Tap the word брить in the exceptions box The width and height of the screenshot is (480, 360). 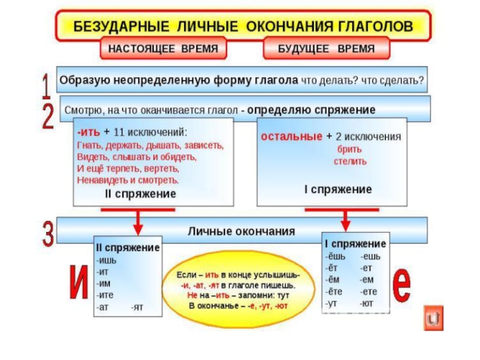click(x=349, y=149)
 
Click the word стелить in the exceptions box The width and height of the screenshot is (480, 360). click(x=350, y=161)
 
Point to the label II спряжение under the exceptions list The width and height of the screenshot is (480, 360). click(x=140, y=194)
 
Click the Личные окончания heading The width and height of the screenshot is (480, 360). click(x=242, y=230)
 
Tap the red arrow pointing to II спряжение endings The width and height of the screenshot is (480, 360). click(x=138, y=223)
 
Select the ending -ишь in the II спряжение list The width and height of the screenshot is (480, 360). click(x=106, y=260)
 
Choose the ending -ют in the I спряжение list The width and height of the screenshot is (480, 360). click(x=368, y=304)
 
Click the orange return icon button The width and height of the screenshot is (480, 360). click(x=433, y=318)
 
